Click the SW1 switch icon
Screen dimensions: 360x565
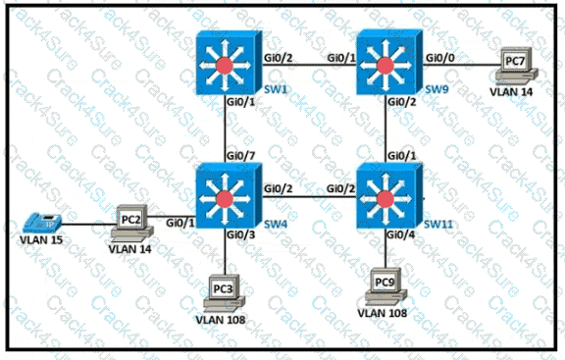pyautogui.click(x=227, y=65)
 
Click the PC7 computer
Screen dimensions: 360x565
pyautogui.click(x=514, y=65)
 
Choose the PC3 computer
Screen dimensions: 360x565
pyautogui.click(x=226, y=293)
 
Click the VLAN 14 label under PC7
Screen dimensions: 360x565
pyautogui.click(x=514, y=91)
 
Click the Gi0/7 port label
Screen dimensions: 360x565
pyautogui.click(x=240, y=155)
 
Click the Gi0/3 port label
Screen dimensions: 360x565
pyautogui.click(x=240, y=234)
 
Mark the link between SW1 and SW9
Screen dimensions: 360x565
pyautogui.click(x=308, y=66)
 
